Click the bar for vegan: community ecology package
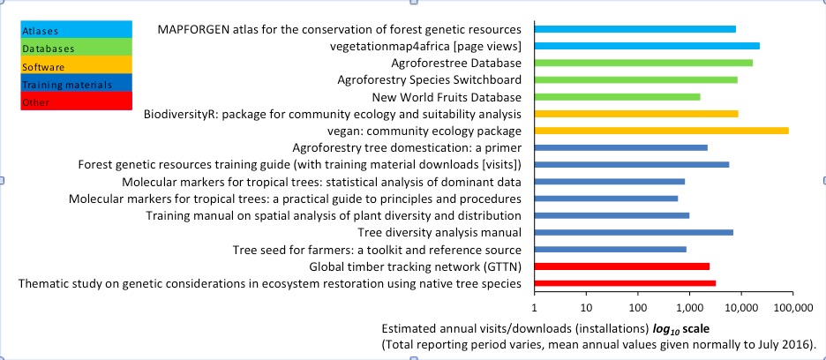pos(662,131)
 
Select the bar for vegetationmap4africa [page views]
pos(647,46)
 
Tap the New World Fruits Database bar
pos(618,97)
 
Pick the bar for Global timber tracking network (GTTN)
pos(622,266)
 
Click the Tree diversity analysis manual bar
pos(634,232)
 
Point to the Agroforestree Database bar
pos(643,63)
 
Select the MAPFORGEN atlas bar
pos(635,29)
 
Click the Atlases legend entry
pos(77,29)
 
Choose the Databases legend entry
pos(77,48)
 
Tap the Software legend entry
pos(77,65)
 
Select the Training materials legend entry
pos(77,83)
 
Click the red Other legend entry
pos(77,101)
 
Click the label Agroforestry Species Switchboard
pos(430,80)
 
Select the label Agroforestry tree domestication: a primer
pos(407,148)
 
